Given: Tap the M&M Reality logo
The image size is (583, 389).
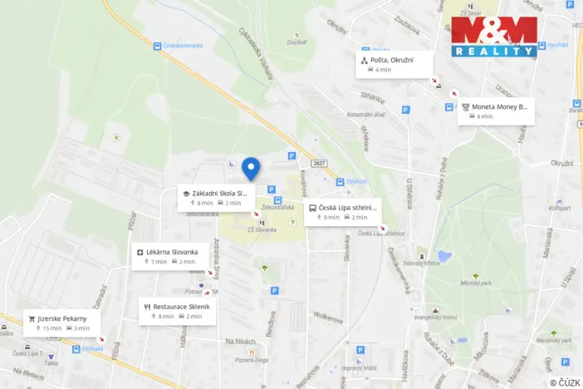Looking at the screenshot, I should coord(494,37).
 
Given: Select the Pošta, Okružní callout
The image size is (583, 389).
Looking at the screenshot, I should coord(395,64).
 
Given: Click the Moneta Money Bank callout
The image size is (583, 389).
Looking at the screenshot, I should coord(496,111).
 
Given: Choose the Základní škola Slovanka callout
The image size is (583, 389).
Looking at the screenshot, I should coord(216,198).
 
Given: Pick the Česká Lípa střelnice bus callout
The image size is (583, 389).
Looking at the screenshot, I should coord(343,212).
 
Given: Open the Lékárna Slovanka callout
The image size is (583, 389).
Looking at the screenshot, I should coord(170,256).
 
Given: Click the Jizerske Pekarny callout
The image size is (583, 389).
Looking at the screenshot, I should coord(62,323).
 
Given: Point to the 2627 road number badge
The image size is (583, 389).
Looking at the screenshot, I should coord(320,163).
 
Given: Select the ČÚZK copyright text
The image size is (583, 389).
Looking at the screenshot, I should coord(564,382).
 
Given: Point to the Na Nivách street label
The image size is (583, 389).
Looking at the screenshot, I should coord(240,342).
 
